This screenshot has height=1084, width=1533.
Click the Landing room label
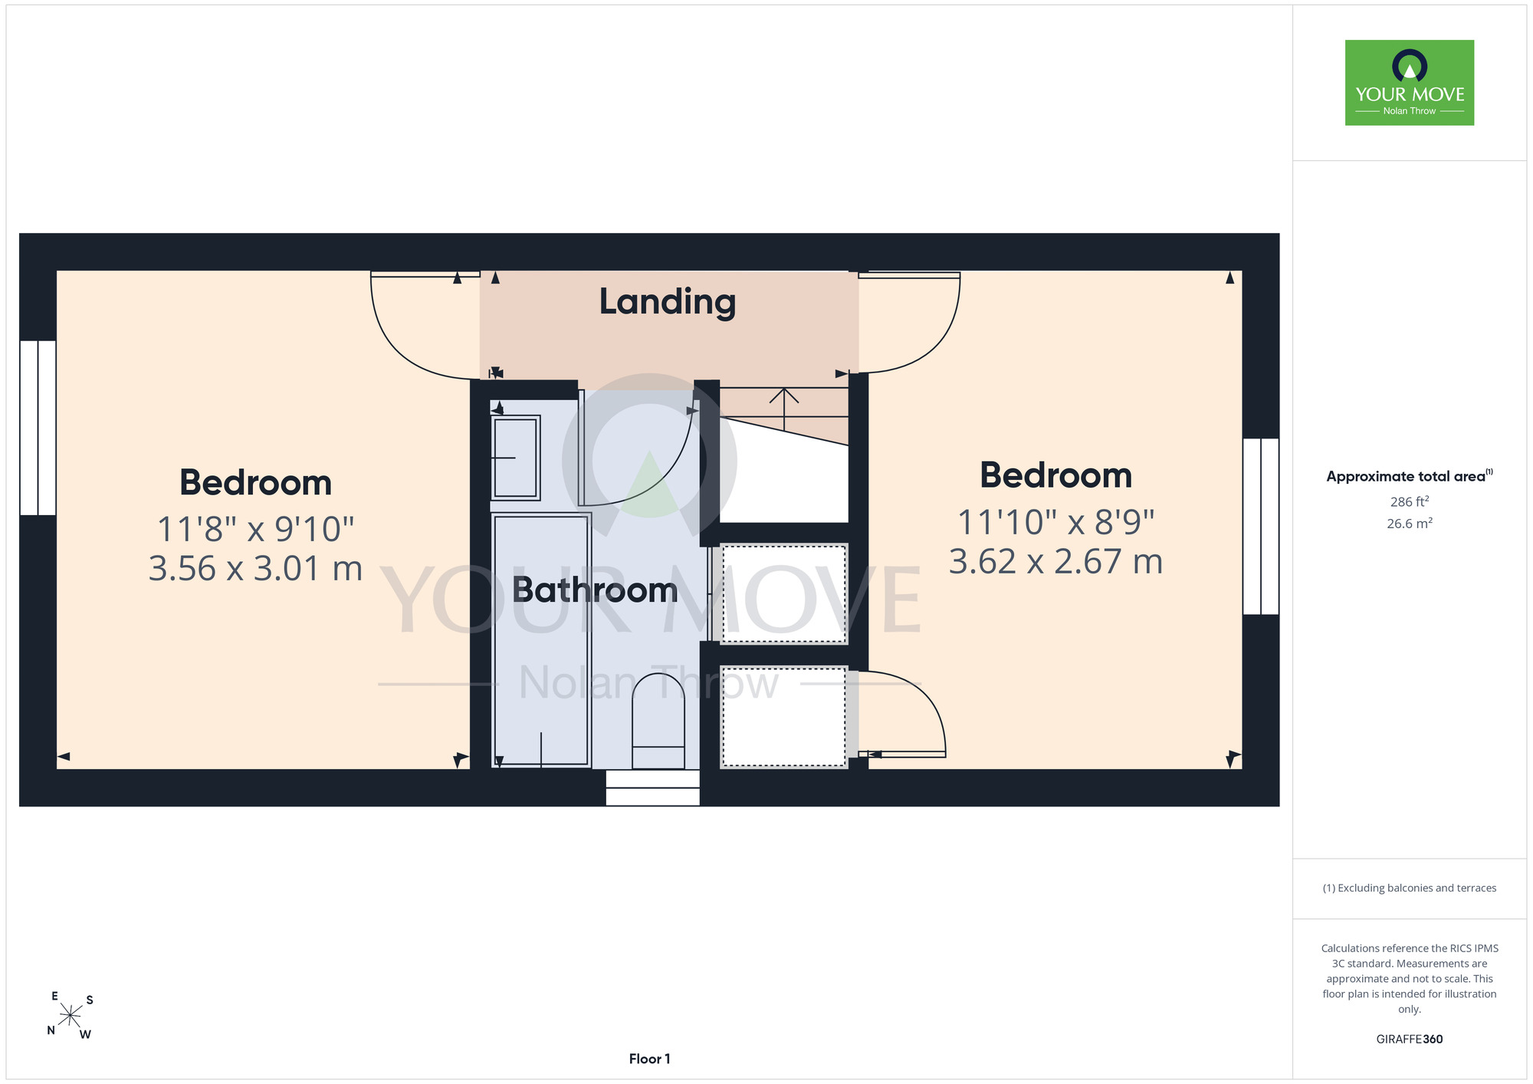pos(667,302)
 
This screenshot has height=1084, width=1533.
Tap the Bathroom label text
pos(595,590)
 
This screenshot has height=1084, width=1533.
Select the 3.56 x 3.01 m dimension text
pos(255,569)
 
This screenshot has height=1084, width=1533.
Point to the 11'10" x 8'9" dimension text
pos(1056,523)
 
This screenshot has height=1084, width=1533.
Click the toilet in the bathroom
pos(658,721)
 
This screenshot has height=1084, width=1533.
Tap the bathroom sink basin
pos(516,458)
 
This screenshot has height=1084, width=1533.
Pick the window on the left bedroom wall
pos(38,428)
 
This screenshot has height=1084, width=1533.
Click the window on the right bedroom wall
pos(1261,527)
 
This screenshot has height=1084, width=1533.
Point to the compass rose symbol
pos(71,1016)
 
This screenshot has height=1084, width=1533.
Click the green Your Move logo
pos(1410,83)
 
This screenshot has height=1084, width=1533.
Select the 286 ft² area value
pos(1410,502)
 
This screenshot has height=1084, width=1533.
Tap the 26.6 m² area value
pos(1410,524)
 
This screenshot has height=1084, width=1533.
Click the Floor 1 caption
pos(649,1059)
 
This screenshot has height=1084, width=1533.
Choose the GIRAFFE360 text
pos(1410,1040)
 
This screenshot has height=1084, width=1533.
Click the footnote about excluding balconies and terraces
pos(1410,888)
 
